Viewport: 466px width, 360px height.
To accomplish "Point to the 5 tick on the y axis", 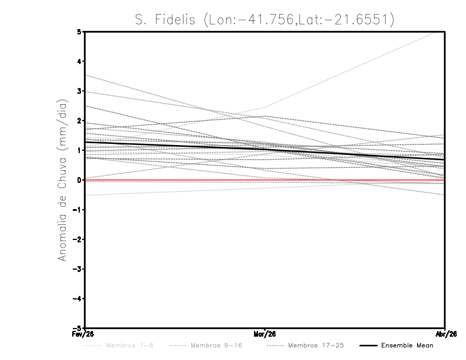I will point(79,31).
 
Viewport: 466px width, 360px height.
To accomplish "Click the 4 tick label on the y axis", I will point(79,61).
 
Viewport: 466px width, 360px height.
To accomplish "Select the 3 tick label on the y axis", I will point(79,91).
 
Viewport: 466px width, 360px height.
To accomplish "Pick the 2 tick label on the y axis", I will point(79,121).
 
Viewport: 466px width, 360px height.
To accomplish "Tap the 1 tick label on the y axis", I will point(79,150).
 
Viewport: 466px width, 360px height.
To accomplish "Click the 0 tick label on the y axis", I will point(79,180).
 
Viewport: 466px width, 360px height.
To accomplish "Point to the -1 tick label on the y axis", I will point(78,210).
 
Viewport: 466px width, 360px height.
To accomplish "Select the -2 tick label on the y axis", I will point(78,239).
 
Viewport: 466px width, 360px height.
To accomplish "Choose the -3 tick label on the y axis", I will point(78,269).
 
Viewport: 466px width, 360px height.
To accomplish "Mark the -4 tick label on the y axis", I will point(78,299).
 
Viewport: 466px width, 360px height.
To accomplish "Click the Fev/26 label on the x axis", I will point(85,334).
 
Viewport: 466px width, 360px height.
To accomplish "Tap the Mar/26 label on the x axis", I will point(265,334).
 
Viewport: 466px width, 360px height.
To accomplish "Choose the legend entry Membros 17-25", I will point(316,345).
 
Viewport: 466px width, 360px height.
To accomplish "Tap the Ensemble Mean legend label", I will point(407,345).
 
